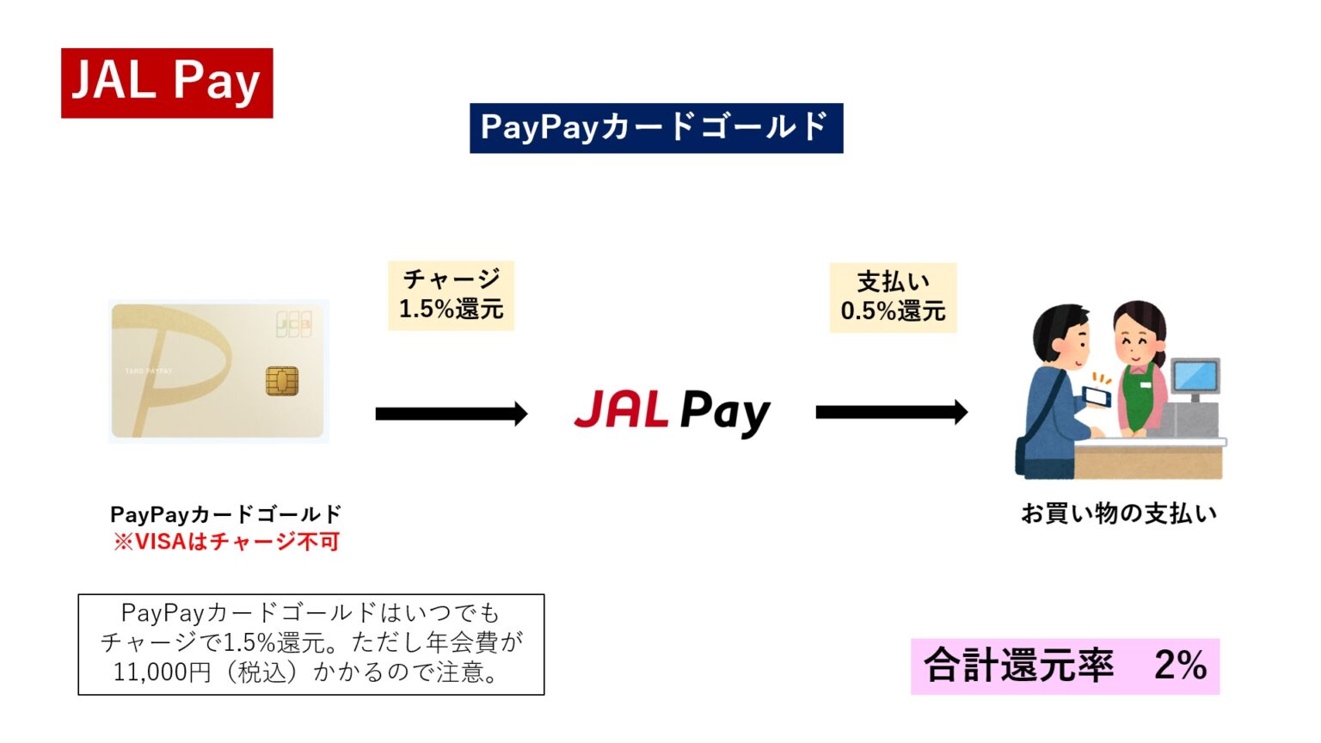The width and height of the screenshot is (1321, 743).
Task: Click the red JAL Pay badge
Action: pyautogui.click(x=167, y=83)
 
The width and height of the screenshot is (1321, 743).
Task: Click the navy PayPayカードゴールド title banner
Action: pyautogui.click(x=655, y=128)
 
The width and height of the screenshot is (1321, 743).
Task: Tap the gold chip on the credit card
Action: pyautogui.click(x=282, y=380)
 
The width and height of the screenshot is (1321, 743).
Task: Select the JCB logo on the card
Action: pyautogui.click(x=293, y=323)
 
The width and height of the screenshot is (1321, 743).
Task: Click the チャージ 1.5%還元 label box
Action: pyautogui.click(x=451, y=295)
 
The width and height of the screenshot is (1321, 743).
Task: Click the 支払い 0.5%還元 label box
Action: pyautogui.click(x=893, y=298)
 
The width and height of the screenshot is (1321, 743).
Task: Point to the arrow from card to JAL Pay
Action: pyautogui.click(x=451, y=414)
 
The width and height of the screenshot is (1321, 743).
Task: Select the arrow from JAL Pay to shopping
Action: pyautogui.click(x=891, y=412)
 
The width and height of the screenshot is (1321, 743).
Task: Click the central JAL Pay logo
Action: pyautogui.click(x=672, y=411)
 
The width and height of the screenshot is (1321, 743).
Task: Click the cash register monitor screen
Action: pyautogui.click(x=1195, y=376)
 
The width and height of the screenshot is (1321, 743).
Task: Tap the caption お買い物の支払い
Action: pyautogui.click(x=1118, y=513)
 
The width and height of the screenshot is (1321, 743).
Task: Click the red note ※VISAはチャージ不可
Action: pyautogui.click(x=226, y=542)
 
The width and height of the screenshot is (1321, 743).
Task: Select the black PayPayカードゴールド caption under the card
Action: pyautogui.click(x=226, y=514)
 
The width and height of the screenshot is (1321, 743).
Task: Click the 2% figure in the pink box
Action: pyautogui.click(x=1180, y=665)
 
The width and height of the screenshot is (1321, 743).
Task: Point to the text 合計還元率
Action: pyautogui.click(x=1018, y=665)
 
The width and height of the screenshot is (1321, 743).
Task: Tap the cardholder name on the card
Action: pyautogui.click(x=149, y=371)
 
